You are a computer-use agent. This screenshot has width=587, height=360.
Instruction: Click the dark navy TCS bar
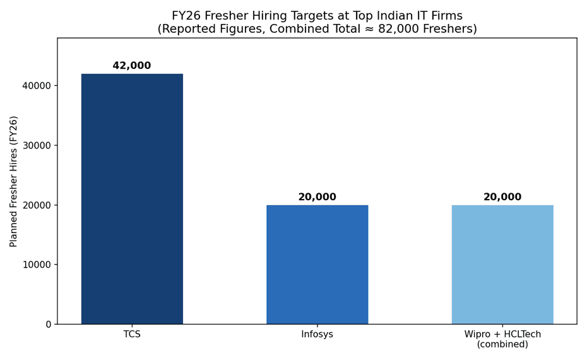tap(132, 199)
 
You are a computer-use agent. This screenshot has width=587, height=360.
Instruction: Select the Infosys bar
tap(317, 265)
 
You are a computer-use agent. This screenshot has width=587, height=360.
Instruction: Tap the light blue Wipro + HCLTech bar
tap(502, 265)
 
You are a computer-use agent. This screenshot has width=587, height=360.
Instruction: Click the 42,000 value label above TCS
tap(132, 66)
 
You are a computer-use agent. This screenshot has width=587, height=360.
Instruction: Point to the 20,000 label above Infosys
tap(317, 197)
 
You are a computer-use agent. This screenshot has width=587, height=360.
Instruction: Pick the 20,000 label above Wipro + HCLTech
tap(502, 197)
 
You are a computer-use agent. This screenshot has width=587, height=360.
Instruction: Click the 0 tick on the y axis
tap(49, 325)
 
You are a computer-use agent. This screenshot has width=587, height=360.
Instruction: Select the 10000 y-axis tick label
tap(37, 265)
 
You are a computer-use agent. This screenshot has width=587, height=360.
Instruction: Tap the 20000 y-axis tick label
tap(37, 205)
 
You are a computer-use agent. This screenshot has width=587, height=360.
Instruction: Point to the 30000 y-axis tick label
tap(37, 146)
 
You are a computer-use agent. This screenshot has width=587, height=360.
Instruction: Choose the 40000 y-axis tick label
tap(37, 86)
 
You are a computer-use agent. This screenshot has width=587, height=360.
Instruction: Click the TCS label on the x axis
tap(132, 334)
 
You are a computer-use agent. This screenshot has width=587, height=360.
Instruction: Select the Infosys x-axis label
tap(317, 334)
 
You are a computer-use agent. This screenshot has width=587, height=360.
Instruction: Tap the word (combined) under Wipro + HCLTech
tap(502, 344)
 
